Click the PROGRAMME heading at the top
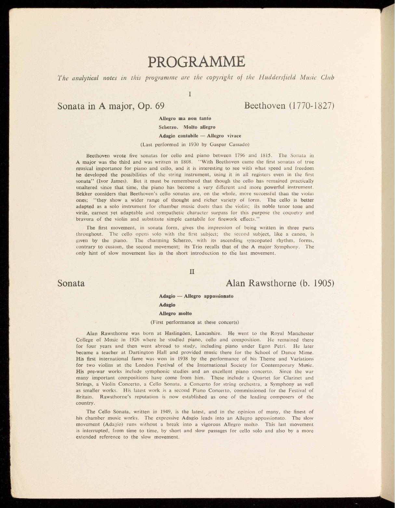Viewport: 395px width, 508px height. (x=196, y=62)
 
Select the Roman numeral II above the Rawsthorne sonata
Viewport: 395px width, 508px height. (x=191, y=271)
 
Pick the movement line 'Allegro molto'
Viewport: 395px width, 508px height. (x=175, y=313)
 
